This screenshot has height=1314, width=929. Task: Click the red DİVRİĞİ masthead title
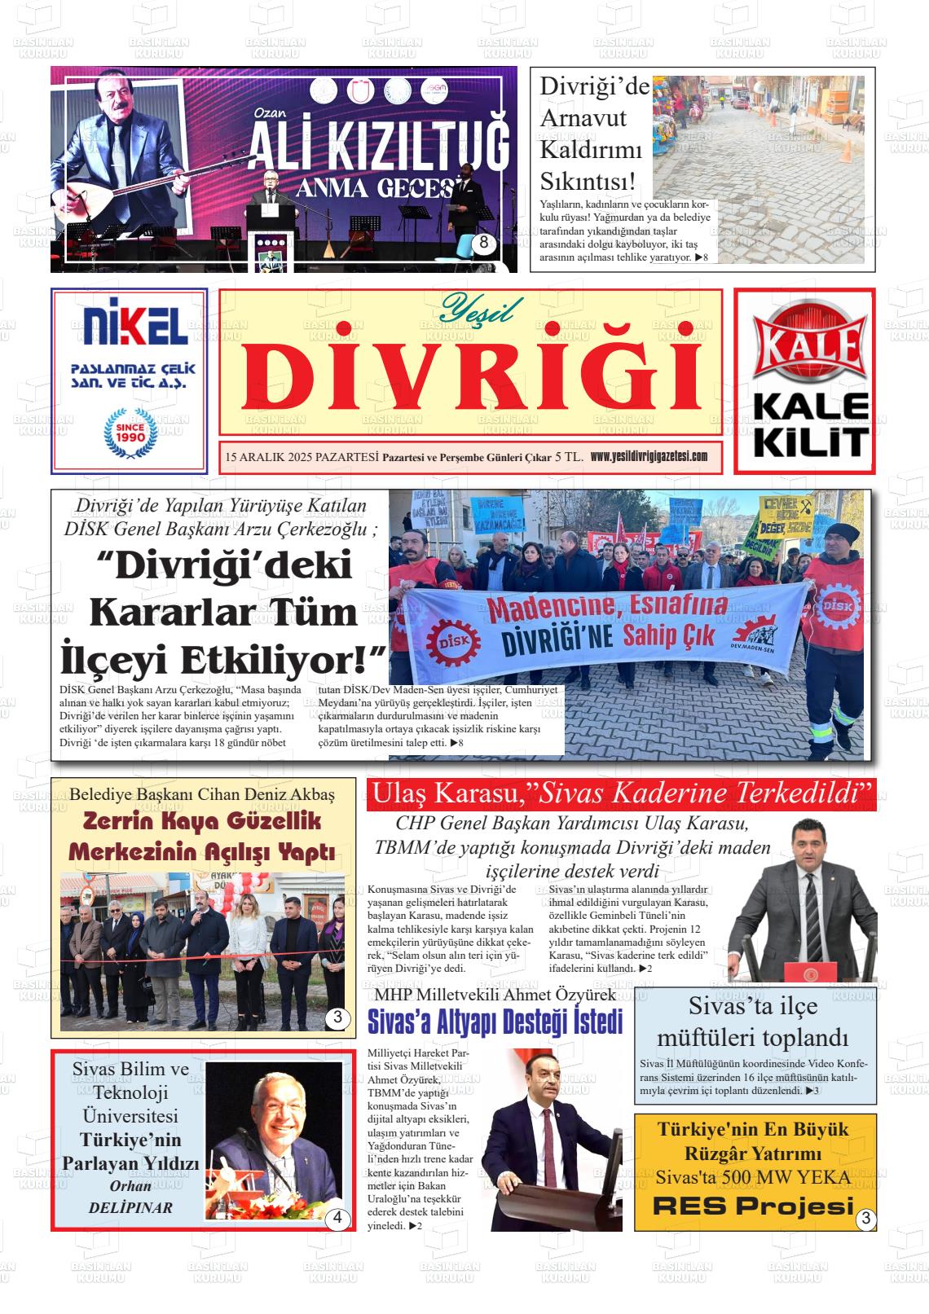470,376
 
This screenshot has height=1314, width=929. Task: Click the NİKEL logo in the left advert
130,325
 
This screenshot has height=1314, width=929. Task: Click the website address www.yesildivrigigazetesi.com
648,456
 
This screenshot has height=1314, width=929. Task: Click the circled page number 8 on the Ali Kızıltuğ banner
484,243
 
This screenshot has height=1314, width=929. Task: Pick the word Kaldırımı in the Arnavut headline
591,150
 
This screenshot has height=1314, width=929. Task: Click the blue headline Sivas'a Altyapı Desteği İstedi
495,1021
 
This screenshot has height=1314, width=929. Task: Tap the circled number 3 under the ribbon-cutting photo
337,1017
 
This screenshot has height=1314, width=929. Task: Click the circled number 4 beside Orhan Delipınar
337,1219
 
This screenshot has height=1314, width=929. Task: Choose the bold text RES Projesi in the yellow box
753,1206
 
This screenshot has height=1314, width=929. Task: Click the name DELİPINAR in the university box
130,1207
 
